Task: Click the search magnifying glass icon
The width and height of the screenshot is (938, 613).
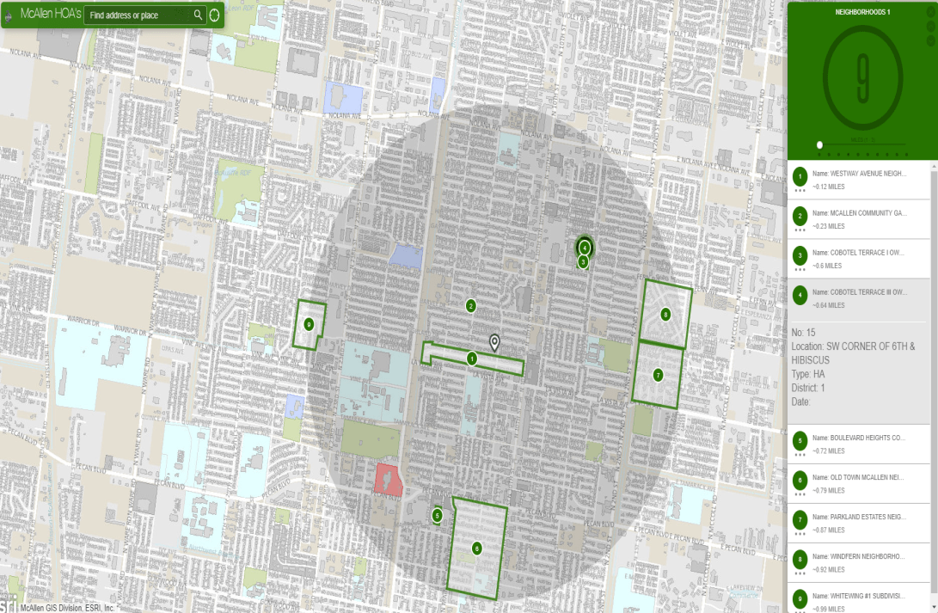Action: coord(198,15)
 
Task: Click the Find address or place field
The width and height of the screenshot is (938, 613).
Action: coord(138,15)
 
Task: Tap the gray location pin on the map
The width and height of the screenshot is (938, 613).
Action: coord(494,343)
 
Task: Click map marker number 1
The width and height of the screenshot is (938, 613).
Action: coord(471,358)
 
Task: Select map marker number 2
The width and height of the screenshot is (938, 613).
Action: coord(470,306)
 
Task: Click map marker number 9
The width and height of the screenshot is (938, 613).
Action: coord(309,324)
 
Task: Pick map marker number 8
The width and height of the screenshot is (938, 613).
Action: coord(665,315)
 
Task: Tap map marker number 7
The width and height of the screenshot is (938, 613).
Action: coord(658,375)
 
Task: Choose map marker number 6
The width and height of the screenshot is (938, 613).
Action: coord(477,548)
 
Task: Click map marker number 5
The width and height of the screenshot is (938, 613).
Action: coord(437,516)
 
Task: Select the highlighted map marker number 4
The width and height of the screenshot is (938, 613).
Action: coord(585,248)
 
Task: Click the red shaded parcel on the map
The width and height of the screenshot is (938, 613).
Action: coord(387,480)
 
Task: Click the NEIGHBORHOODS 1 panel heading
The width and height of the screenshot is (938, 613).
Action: coord(862,13)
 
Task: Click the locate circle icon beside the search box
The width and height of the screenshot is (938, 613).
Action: coord(215,15)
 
